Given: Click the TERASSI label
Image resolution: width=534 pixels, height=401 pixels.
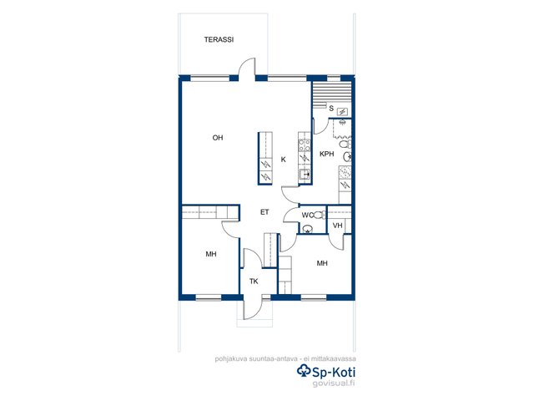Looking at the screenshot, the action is pos(219,39).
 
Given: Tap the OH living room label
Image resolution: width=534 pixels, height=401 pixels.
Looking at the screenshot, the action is pos(218,138).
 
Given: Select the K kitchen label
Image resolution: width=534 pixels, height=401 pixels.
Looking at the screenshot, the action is pos(284,160).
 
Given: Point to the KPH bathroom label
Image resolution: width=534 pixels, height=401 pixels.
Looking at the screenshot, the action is pos(326,154).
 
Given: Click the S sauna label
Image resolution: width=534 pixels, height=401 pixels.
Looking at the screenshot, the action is pos(331,109).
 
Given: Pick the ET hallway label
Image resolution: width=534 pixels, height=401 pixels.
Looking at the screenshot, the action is pos(264,212).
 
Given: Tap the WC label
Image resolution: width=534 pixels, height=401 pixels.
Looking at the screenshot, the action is pos(307,216).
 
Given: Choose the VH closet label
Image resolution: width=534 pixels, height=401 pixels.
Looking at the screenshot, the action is pos(337,226).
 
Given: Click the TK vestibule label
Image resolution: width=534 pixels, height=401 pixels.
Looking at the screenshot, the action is pos(254,282).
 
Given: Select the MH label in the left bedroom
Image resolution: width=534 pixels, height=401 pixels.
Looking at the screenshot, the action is pos(211,254).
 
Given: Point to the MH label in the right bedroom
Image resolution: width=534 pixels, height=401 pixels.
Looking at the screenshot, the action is pos(322,263).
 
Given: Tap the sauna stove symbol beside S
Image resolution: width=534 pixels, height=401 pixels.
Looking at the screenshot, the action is pos(342,111).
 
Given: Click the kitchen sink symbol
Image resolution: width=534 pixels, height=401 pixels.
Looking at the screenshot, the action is pos(305,175).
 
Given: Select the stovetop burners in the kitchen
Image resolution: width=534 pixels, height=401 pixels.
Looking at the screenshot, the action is pos(305,145).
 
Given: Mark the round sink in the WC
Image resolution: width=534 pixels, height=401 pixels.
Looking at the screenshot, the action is pos(308,229).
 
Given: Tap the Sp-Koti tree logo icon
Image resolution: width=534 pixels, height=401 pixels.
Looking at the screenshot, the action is pos(304,370).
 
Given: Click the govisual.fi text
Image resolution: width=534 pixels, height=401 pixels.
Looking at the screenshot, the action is pos(334,383).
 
